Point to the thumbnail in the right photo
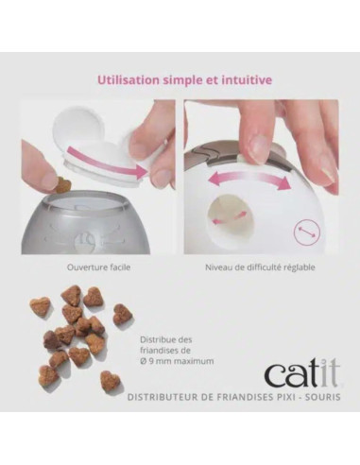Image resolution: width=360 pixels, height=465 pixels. (255, 145)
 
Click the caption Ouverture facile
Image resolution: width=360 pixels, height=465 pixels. (98, 267)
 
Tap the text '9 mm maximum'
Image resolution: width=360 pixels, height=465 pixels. (182, 362)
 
